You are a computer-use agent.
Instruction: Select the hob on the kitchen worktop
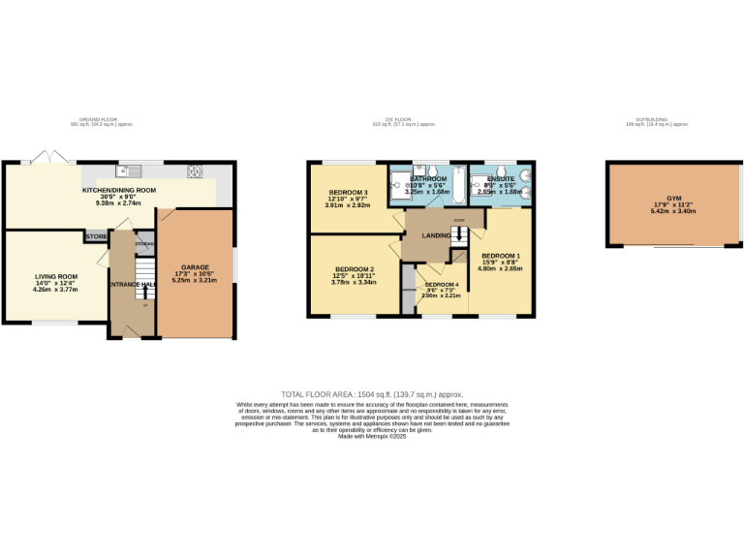(195, 171)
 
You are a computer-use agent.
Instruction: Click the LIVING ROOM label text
(55, 276)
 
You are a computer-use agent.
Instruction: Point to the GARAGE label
(195, 266)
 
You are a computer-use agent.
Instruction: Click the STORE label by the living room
(96, 236)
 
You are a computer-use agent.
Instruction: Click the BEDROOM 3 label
(346, 192)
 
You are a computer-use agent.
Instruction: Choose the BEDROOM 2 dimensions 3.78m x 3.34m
(354, 283)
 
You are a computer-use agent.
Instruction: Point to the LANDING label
(435, 234)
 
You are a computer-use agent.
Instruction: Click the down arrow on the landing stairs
(458, 240)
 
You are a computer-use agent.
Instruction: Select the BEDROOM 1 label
(501, 255)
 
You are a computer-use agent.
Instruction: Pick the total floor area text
(372, 394)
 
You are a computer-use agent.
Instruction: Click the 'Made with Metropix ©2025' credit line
(372, 437)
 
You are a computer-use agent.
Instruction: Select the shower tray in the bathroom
(400, 184)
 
